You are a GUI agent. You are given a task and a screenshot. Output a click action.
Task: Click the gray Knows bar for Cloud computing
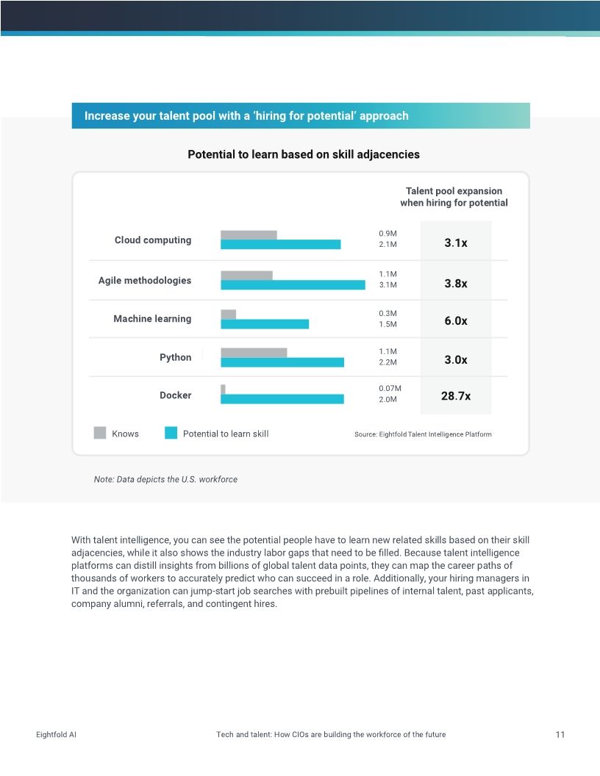(249, 235)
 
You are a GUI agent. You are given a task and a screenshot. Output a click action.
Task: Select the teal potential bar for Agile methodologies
(293, 285)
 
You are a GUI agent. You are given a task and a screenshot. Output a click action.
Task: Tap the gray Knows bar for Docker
(223, 389)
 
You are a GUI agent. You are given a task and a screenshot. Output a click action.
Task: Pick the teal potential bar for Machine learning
(265, 324)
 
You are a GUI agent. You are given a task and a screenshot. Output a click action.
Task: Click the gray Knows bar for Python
(254, 353)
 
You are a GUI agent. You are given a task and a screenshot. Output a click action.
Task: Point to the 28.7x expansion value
(455, 396)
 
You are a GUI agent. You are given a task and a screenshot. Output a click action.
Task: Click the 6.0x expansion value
(455, 321)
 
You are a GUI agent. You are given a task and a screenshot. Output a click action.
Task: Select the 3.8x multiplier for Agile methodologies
(455, 284)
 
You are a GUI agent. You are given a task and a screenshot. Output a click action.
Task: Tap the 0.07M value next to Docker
(390, 388)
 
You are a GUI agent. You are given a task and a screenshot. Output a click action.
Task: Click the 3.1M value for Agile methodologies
(387, 285)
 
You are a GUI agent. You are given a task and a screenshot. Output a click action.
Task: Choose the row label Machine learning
(152, 319)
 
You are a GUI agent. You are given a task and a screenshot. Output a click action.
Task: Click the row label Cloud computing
(153, 240)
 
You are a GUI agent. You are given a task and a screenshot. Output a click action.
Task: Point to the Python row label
(175, 357)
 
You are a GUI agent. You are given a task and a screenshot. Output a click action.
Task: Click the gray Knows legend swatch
(100, 433)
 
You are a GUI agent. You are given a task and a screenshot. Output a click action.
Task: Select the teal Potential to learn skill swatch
(171, 433)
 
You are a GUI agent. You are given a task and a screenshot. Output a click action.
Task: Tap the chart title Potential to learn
(303, 154)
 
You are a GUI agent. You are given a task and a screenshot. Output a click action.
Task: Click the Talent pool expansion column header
(454, 197)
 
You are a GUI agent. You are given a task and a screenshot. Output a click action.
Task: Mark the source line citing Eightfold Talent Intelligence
(423, 434)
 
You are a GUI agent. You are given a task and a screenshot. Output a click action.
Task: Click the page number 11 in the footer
(560, 735)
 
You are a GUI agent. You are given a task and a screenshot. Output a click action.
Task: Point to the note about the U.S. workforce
(165, 479)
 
